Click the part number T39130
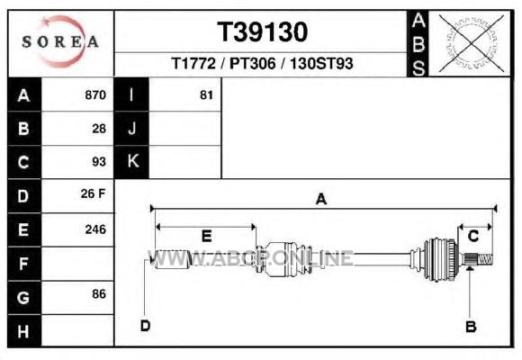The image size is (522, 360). tap(262, 32)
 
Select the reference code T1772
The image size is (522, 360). tap(193, 63)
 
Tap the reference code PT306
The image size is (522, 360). tap(253, 63)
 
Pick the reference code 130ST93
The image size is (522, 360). tap(321, 63)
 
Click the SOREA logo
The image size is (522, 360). tap(60, 41)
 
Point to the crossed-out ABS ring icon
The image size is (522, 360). tap(471, 43)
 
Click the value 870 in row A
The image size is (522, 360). tap(95, 94)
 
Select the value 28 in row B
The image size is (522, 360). tap(99, 129)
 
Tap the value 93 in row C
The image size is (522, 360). tap(99, 162)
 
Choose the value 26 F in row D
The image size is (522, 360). tap(93, 193)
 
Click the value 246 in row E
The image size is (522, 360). tap(95, 229)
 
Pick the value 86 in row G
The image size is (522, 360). tap(99, 294)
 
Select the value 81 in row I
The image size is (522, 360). tap(206, 95)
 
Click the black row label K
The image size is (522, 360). tap(133, 161)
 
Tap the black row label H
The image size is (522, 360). tap(23, 331)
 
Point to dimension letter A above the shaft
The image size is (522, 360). tap(321, 199)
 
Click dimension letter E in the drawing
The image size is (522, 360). tap(207, 236)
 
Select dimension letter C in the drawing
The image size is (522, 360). tap(473, 236)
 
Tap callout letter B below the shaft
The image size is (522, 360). tap(471, 327)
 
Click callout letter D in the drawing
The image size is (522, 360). tap(146, 326)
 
